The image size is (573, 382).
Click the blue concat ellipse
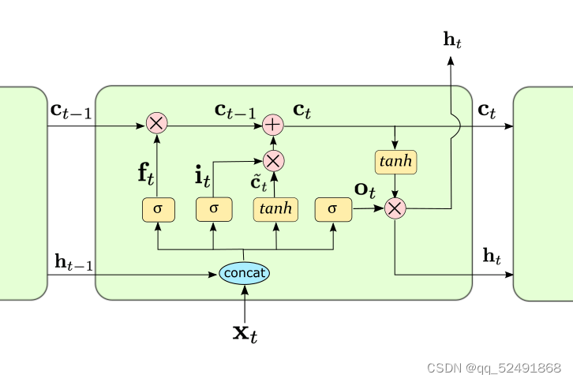[x=245, y=273]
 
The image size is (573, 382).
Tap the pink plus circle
[x=273, y=124]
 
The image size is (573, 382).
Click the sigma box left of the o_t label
[x=331, y=209]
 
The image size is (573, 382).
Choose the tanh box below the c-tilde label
[x=275, y=209]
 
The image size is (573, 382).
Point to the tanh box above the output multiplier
[x=395, y=162]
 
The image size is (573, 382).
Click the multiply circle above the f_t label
[x=156, y=124]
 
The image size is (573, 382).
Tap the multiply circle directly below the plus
[x=273, y=161]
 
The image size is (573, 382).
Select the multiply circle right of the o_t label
[x=395, y=208]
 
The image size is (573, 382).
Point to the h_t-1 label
[x=73, y=262]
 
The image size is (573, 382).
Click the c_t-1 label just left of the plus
[x=235, y=111]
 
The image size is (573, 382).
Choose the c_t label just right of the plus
[x=301, y=110]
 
